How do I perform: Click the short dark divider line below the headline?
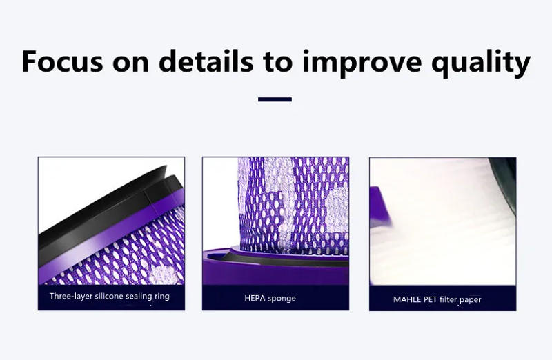275,100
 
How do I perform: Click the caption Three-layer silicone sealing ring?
109,297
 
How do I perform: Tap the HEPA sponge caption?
270,299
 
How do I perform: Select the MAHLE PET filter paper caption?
437,300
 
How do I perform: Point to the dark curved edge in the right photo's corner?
504,176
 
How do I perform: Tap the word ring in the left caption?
161,297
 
